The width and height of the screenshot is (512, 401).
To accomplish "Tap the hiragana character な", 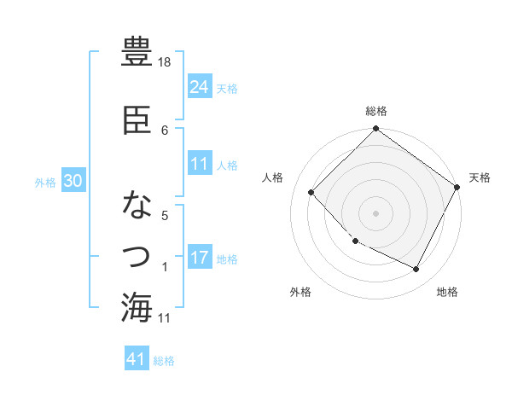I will [137, 206].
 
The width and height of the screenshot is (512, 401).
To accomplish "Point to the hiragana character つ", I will [137, 255].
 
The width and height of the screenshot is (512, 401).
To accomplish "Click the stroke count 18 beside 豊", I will [166, 63].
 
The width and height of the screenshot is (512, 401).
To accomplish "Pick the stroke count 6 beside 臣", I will [166, 130].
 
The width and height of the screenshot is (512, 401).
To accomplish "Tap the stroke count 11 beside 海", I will [166, 318].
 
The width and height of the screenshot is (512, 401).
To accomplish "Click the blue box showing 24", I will [200, 86].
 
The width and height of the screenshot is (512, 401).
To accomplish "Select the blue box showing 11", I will [200, 164].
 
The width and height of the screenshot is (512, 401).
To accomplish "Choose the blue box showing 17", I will [200, 258].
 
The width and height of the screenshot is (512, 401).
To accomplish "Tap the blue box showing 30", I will [73, 181].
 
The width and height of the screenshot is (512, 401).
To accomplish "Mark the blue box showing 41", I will [137, 359].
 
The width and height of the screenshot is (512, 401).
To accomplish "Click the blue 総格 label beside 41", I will [164, 361].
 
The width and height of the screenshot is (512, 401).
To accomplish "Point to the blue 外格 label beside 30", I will [46, 182].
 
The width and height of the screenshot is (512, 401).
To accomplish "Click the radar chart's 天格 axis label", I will [480, 177].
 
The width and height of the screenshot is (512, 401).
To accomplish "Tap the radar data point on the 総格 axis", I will [375, 130].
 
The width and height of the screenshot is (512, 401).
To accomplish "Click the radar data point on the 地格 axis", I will [416, 270].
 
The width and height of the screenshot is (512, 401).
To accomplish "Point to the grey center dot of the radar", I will [375, 212].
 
